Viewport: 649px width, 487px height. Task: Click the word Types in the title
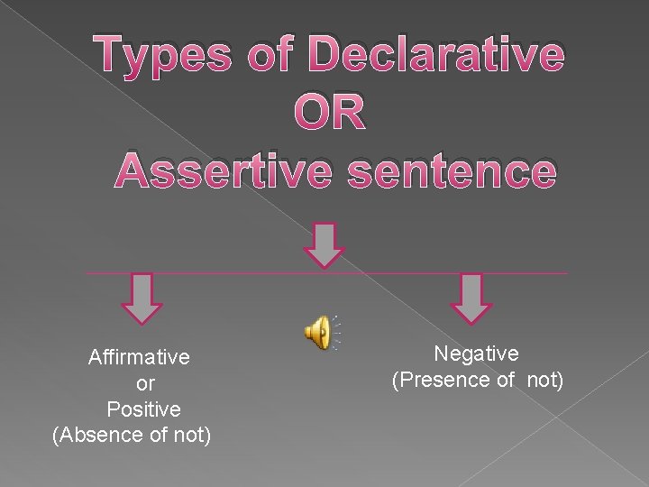point(167,57)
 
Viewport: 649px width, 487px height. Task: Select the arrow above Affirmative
point(142,298)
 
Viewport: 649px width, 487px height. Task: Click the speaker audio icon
point(319,333)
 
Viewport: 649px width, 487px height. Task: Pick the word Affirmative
point(139,357)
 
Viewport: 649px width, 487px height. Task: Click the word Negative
point(476,354)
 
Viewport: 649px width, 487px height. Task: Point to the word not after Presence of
point(543,380)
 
